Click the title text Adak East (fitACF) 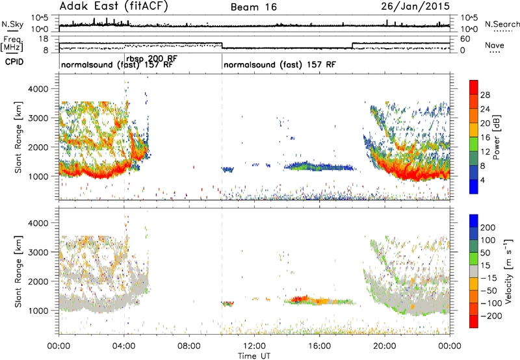(114, 6)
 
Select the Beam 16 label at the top (253, 7)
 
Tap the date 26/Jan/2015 (415, 6)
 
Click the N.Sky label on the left (12, 24)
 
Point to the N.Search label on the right (502, 24)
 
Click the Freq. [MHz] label (12, 44)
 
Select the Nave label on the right (495, 45)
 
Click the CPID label (14, 62)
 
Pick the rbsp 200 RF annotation (152, 59)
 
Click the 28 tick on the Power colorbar (485, 95)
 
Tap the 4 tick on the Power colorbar (482, 180)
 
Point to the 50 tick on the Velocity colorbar (485, 253)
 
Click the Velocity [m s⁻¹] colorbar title (508, 271)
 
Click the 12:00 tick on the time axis (254, 346)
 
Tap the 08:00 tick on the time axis (189, 346)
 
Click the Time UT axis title (254, 355)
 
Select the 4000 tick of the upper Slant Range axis (39, 89)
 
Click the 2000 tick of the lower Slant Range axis (39, 281)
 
